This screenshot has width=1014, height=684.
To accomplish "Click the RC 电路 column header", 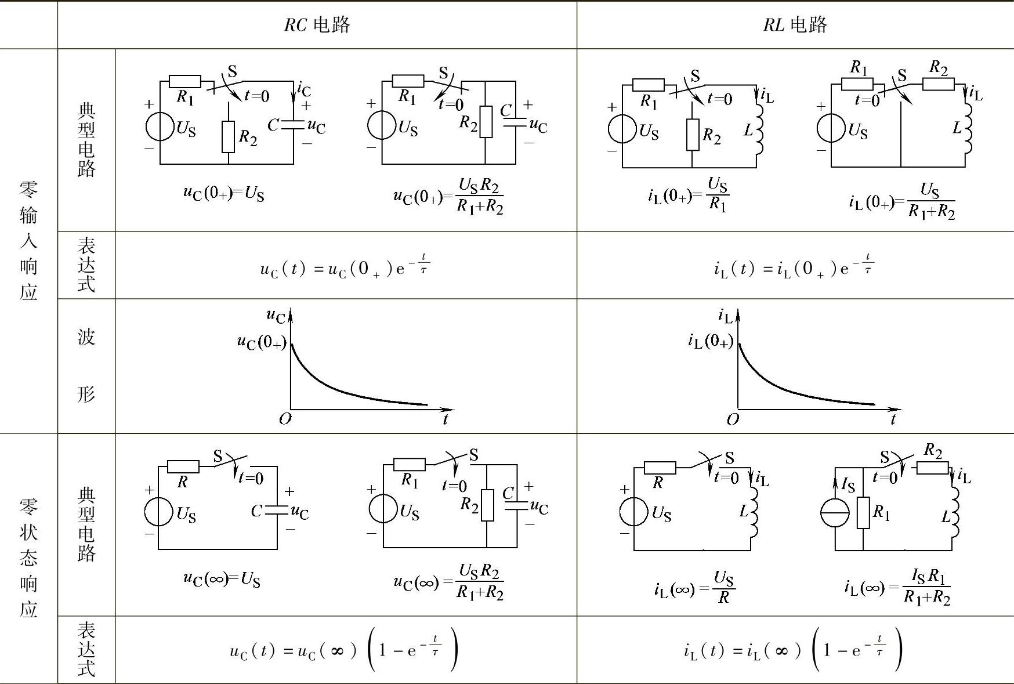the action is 317,24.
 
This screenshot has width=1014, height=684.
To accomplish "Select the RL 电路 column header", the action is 795,24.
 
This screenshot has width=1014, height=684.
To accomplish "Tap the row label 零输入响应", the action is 28,240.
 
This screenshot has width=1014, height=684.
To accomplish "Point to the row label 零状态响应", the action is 28,557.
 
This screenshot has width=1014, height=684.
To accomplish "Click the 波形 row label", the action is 86,365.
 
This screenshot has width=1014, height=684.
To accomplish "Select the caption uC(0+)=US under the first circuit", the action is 223,193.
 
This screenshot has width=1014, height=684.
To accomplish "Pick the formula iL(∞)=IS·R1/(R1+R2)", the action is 897,587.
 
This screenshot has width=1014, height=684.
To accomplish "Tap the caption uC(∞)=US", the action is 222,578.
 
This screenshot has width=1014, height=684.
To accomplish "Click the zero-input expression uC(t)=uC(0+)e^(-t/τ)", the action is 345,267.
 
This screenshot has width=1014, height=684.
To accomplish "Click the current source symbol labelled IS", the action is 835,513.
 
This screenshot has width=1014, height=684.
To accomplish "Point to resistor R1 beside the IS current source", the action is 863,512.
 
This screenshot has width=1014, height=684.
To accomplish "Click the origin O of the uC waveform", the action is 285,419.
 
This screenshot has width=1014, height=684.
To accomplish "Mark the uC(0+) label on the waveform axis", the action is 262,342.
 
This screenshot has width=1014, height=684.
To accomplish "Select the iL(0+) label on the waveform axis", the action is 710,341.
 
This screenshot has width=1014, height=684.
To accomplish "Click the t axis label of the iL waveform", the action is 893,419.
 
